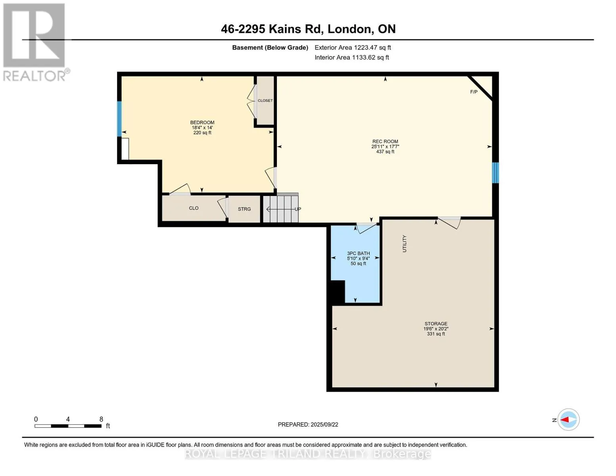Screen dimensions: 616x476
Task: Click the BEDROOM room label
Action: tap(202, 123)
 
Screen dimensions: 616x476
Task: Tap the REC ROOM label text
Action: tap(385, 142)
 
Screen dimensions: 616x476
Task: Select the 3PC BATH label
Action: tap(358, 253)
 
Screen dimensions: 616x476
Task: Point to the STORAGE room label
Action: tap(436, 323)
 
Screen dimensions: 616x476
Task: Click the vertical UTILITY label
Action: tap(405, 244)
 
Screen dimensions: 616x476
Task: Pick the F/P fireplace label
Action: tap(474, 92)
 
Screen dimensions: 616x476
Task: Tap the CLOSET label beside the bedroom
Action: tap(265, 101)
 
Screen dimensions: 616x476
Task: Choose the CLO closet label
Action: tap(194, 208)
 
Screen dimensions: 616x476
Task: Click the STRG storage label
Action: tap(244, 209)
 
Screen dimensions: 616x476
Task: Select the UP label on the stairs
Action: tap(297, 209)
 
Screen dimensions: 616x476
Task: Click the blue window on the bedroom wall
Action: tap(119, 119)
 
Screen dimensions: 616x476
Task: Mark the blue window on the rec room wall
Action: tap(495, 173)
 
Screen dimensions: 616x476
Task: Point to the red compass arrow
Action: tap(564, 419)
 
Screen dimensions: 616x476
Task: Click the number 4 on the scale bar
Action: tap(68, 419)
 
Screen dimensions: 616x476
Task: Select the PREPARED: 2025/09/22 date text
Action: tap(308, 424)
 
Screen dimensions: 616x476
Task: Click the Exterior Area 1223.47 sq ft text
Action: tap(353, 48)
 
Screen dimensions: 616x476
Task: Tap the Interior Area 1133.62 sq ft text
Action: tap(351, 58)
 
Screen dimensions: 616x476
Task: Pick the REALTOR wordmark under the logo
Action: tap(35, 76)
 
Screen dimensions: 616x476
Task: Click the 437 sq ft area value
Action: tap(385, 152)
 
